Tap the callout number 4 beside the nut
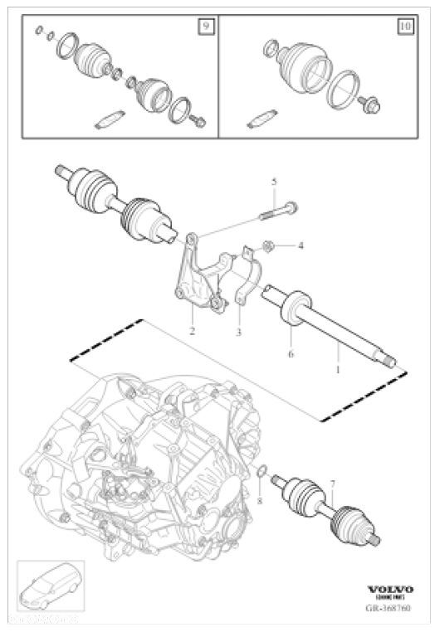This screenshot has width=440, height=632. [301, 246]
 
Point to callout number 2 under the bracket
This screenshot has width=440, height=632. [192, 331]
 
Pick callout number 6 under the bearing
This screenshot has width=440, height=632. [291, 353]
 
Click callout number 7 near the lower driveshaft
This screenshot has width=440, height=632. [332, 483]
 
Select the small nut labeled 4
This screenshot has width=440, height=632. [269, 246]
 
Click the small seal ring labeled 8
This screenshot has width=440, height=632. [260, 474]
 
